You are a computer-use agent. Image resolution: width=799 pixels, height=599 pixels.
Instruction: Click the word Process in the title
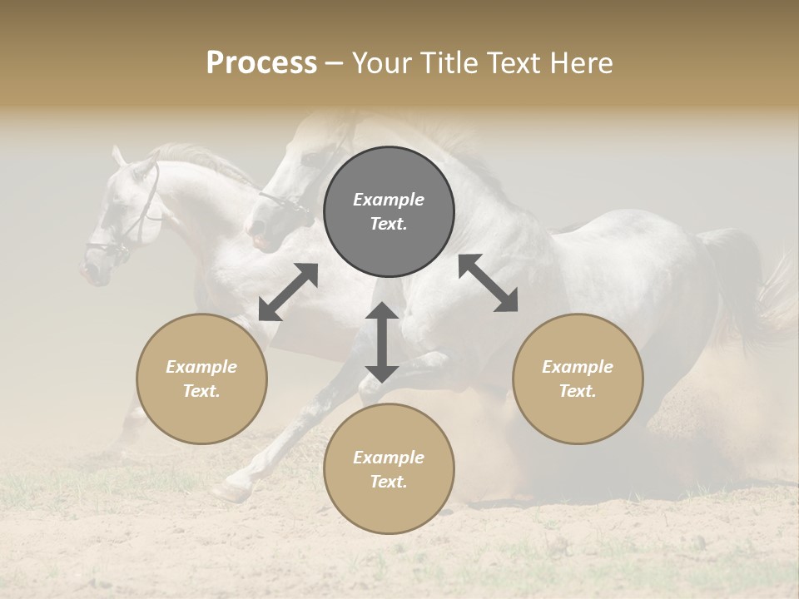point(261,63)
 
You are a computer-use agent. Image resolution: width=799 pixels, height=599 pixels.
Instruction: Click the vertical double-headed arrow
point(382,342)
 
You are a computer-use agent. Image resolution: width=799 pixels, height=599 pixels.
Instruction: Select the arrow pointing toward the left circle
point(288,292)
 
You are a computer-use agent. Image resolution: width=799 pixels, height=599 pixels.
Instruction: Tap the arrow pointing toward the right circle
point(488,283)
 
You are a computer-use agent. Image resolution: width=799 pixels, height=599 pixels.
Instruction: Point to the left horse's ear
point(118,155)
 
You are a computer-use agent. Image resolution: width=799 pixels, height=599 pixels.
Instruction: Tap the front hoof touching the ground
point(229,492)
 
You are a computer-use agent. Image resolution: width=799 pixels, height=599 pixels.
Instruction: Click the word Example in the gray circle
point(389,200)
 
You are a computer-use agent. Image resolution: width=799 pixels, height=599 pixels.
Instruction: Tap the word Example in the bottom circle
point(389,458)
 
